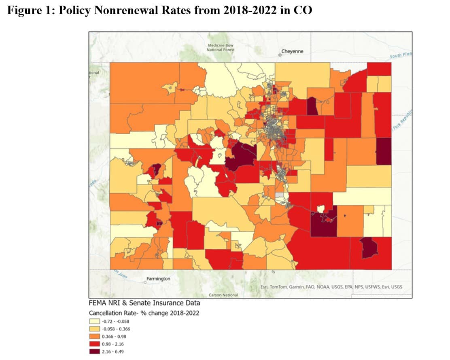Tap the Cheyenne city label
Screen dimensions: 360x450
coord(292,51)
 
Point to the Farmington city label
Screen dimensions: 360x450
coord(158,279)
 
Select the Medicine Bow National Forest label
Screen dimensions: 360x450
coord(220,47)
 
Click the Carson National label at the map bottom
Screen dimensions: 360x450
coord(223,295)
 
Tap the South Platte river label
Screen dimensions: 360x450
coord(401,55)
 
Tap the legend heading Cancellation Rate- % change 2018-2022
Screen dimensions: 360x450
coord(144,313)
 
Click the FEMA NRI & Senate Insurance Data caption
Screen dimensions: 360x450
coord(144,303)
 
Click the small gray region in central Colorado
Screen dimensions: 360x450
coord(279,195)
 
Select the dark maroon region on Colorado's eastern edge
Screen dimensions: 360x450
coord(384,151)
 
